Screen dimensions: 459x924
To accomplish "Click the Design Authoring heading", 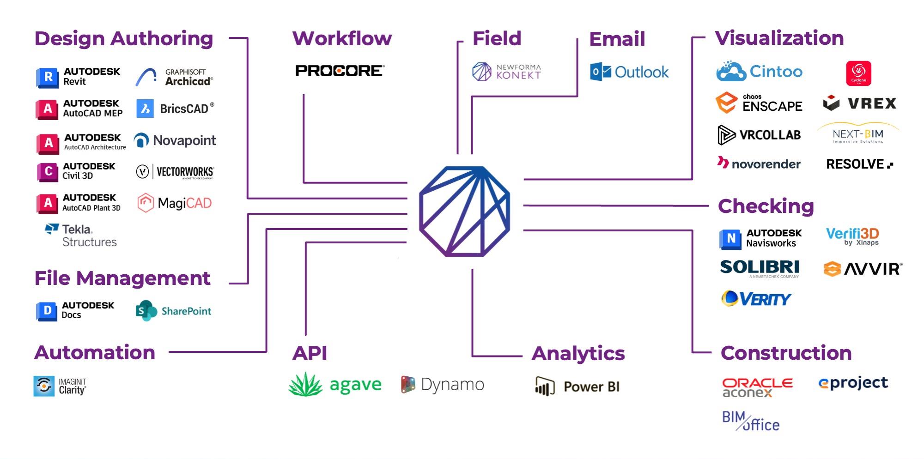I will click(124, 39).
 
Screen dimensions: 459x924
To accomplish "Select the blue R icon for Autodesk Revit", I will click(47, 77).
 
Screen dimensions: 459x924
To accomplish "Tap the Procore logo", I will click(340, 71).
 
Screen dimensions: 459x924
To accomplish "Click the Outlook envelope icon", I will click(601, 72).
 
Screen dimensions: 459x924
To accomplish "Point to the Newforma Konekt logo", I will click(506, 72).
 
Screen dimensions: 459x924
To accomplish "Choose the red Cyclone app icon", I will click(858, 73).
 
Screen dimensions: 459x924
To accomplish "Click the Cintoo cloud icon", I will click(731, 72).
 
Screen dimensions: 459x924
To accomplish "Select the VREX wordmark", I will click(872, 103).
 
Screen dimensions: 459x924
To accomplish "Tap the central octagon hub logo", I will click(465, 211).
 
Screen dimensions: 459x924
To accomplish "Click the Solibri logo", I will click(760, 267).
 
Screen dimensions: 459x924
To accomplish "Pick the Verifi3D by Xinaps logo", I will click(852, 236).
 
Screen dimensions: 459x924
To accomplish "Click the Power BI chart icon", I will click(544, 387).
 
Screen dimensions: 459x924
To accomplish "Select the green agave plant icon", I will click(305, 385).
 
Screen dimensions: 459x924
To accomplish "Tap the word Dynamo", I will click(452, 385).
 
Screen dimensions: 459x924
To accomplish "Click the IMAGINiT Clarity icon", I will click(44, 386).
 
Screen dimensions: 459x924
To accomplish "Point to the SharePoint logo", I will click(173, 311).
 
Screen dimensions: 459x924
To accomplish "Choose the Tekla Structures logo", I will click(81, 236).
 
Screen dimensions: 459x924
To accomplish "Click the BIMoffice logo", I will click(751, 421).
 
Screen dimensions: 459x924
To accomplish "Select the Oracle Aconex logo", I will click(757, 387).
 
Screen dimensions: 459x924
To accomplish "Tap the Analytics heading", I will click(578, 354).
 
